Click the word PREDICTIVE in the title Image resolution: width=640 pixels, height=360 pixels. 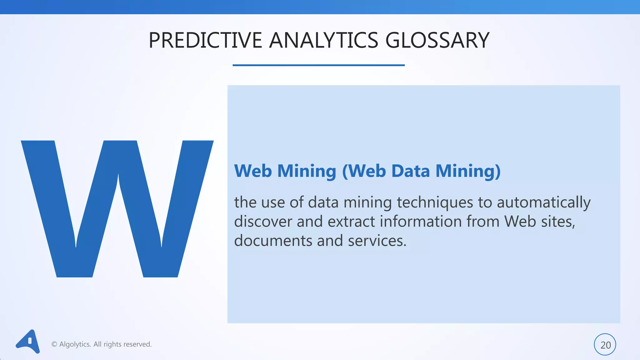click(x=205, y=40)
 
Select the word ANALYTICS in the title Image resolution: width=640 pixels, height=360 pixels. click(x=323, y=40)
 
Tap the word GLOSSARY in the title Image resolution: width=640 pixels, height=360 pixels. click(x=437, y=40)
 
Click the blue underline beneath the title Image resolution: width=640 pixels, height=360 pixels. click(x=318, y=65)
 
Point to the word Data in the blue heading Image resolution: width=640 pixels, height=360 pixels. click(x=410, y=171)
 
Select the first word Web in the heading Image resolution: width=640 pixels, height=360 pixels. click(x=253, y=171)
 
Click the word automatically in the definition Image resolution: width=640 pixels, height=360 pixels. click(x=543, y=202)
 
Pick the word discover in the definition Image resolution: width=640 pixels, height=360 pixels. click(x=263, y=222)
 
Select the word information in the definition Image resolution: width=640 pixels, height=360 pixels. click(x=421, y=222)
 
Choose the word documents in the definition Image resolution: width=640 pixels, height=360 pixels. click(x=273, y=241)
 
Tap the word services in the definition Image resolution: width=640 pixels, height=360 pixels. click(x=377, y=241)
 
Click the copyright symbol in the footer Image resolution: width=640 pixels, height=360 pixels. click(x=54, y=344)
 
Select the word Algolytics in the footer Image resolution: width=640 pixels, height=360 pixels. click(x=75, y=344)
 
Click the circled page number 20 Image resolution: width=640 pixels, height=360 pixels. click(x=605, y=345)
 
